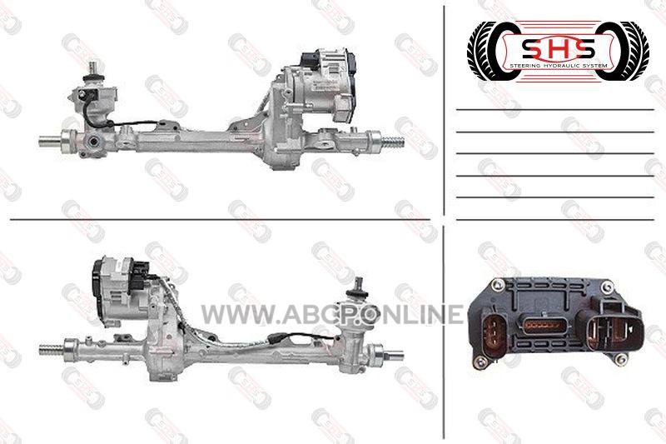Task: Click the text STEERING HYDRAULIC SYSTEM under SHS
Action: [558, 66]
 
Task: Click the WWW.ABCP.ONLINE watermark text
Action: [332, 314]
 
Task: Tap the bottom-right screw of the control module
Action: [620, 360]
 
